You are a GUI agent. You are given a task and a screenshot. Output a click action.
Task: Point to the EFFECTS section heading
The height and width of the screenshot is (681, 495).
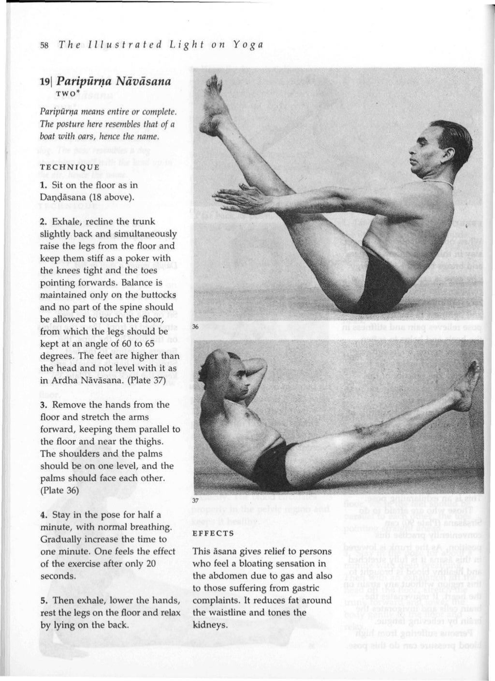click(213, 533)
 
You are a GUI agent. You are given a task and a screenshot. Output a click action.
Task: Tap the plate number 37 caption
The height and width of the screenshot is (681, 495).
click(195, 501)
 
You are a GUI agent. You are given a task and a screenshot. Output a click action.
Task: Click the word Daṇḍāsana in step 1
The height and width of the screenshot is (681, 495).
click(65, 197)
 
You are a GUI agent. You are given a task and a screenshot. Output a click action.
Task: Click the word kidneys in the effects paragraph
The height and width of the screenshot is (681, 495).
click(209, 625)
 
